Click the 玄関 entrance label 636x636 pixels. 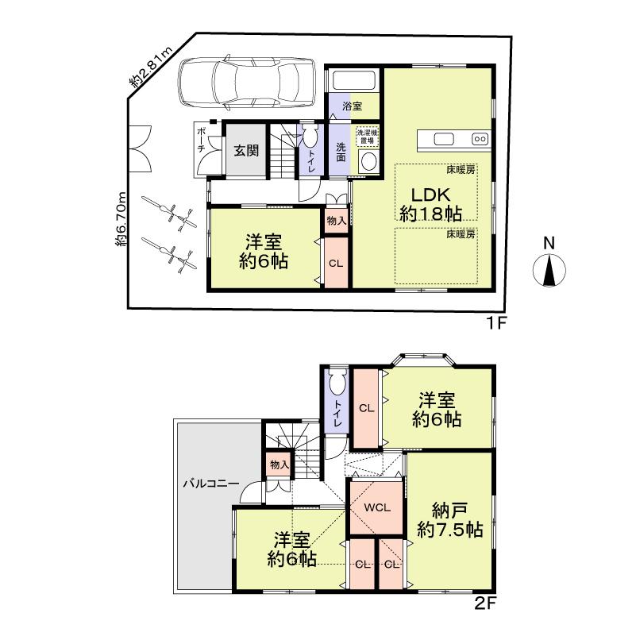click(x=246, y=150)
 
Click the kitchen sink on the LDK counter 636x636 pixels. click(x=444, y=140)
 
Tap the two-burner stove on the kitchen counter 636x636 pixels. click(x=480, y=140)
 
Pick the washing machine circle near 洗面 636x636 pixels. click(x=367, y=162)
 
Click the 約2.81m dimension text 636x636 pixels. click(x=146, y=71)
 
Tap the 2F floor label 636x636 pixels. click(x=485, y=603)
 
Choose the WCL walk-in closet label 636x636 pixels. click(x=376, y=508)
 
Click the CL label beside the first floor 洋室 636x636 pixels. click(x=335, y=264)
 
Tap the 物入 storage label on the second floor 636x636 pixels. click(x=278, y=464)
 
